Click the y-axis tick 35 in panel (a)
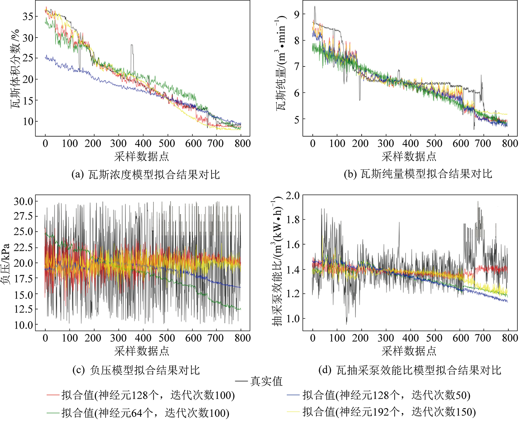(28, 16)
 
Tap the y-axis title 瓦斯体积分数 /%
(15, 68)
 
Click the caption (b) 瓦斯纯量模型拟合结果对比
(418, 174)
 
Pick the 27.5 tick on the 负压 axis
(23, 216)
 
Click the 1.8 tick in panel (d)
(293, 220)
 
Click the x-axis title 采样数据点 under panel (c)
(142, 351)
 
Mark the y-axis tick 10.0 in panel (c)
(23, 325)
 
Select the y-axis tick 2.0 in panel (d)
(293, 195)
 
